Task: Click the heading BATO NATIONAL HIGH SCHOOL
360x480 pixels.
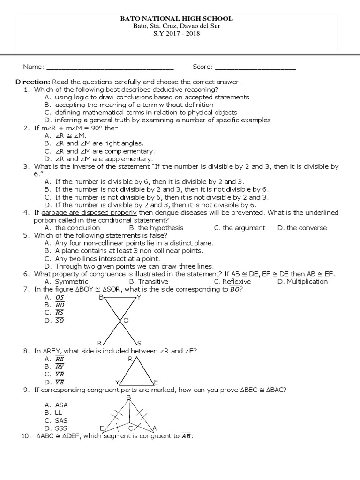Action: click(x=177, y=19)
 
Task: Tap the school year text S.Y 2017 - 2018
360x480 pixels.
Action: click(x=177, y=34)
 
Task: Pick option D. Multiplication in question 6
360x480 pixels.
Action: click(x=302, y=282)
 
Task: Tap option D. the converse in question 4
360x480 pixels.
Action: click(x=302, y=228)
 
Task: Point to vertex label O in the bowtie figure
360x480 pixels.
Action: click(x=126, y=320)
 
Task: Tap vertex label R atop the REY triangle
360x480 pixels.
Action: click(x=130, y=359)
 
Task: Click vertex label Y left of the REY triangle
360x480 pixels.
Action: click(x=118, y=382)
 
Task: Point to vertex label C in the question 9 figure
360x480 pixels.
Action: click(x=131, y=428)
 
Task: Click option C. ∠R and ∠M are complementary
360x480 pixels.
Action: click(x=99, y=151)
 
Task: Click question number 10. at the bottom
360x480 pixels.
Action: click(x=27, y=436)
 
